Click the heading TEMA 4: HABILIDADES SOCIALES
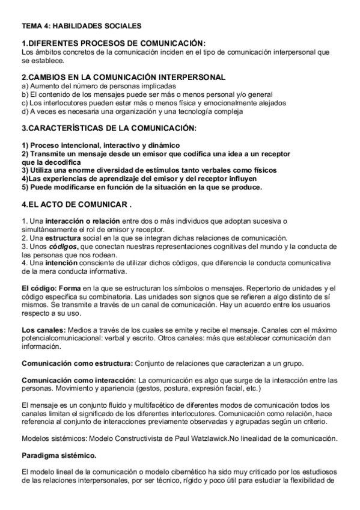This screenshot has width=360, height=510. point(81,26)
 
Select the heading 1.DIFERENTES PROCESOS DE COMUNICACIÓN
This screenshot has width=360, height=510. point(114,43)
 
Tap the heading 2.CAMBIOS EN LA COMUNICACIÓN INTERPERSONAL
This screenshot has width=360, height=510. point(124,77)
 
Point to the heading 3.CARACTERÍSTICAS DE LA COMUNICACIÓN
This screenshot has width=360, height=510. point(109,128)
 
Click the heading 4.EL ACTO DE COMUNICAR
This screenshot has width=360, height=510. point(77,204)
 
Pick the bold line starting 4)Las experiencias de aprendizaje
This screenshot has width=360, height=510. point(139,179)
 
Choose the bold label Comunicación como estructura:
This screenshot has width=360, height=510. point(76,364)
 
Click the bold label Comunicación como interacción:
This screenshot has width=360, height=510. point(79,380)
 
